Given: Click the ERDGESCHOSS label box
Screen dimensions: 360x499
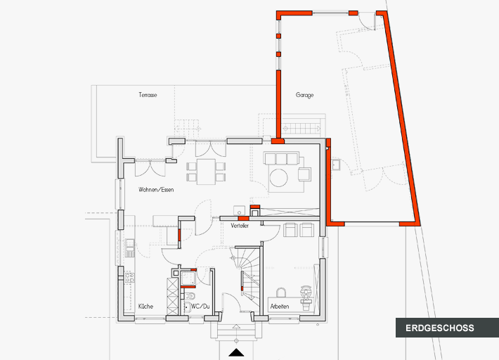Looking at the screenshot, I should (x=440, y=328).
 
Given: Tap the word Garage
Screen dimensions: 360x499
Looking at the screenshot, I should (x=304, y=95).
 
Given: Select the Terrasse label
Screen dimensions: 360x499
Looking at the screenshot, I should (x=147, y=94).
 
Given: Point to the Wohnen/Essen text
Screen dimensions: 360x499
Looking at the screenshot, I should (x=156, y=190).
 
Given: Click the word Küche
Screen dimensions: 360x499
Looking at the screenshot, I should (x=145, y=307).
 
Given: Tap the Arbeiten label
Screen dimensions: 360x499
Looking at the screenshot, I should (x=280, y=307).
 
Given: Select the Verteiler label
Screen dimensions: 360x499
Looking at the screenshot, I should (x=240, y=226).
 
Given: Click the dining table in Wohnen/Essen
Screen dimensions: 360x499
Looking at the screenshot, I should (x=207, y=171).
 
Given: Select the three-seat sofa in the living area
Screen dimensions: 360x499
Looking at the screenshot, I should (x=281, y=157).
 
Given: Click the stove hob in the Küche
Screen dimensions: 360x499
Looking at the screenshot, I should (x=129, y=277).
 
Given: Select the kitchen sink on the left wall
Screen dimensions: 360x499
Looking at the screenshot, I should (x=129, y=245).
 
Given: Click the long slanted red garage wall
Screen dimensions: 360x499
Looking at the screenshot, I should (x=402, y=120).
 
